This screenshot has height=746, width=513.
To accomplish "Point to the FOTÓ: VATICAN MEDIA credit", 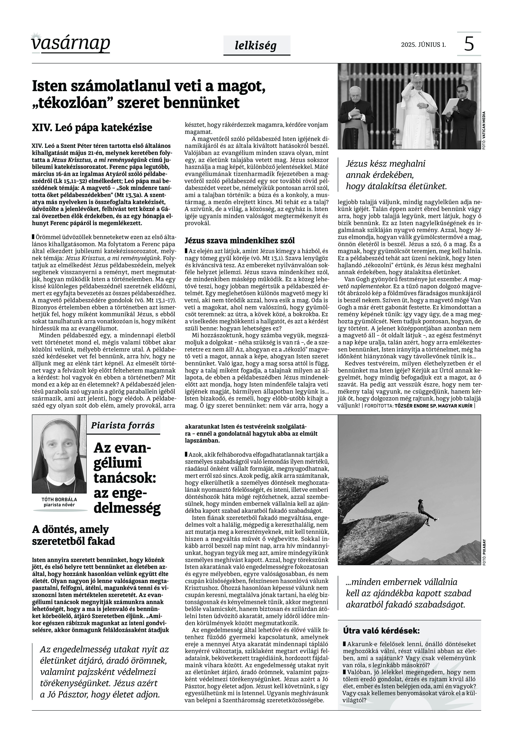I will click(x=483, y=130).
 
